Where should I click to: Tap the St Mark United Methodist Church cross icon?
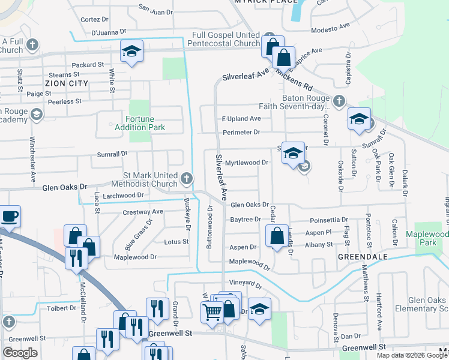point(187,178)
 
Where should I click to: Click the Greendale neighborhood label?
point(358,256)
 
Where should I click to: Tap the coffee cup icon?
point(10,216)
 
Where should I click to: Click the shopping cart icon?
point(212,313)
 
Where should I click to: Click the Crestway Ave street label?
point(143,212)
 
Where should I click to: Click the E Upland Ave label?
point(241,119)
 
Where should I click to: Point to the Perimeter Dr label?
point(241,132)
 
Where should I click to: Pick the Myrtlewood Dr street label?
point(246,163)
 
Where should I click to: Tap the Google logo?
point(20,353)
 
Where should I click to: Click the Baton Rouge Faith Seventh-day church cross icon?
point(340,100)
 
